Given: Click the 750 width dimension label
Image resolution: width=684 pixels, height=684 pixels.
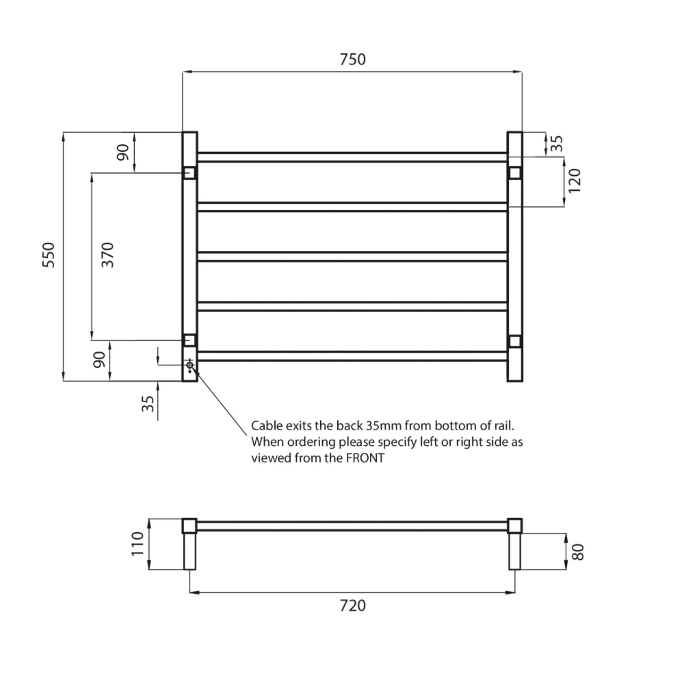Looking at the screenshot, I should click(353, 59).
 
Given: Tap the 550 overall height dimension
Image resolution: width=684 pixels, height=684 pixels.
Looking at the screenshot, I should click(49, 255).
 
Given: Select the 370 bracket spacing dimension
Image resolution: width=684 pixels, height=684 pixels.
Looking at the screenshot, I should click(108, 255).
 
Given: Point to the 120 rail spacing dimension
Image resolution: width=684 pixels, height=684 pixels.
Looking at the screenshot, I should click(575, 180).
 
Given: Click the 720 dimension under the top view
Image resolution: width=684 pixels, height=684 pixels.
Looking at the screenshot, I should click(353, 606).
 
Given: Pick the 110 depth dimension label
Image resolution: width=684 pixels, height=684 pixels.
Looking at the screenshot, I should click(138, 544).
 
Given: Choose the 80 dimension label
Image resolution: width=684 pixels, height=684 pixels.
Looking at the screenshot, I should click(578, 551).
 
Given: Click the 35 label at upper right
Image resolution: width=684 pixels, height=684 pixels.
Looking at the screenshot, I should click(557, 143).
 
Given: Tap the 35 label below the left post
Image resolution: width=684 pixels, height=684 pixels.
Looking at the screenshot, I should click(147, 403).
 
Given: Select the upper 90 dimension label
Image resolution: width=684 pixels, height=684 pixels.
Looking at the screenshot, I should click(123, 153).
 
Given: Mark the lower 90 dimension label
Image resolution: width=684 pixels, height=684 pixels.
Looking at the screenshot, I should click(99, 360).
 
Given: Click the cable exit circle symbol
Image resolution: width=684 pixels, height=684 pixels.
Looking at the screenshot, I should click(190, 365).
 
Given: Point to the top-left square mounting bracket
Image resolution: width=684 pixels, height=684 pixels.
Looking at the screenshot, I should click(189, 173).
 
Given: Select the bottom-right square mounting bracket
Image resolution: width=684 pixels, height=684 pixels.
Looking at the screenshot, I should click(515, 341).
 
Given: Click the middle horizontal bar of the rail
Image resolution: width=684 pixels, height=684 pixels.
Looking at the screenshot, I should click(353, 256).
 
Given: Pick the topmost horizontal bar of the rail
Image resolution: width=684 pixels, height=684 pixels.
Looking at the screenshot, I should click(353, 157).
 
